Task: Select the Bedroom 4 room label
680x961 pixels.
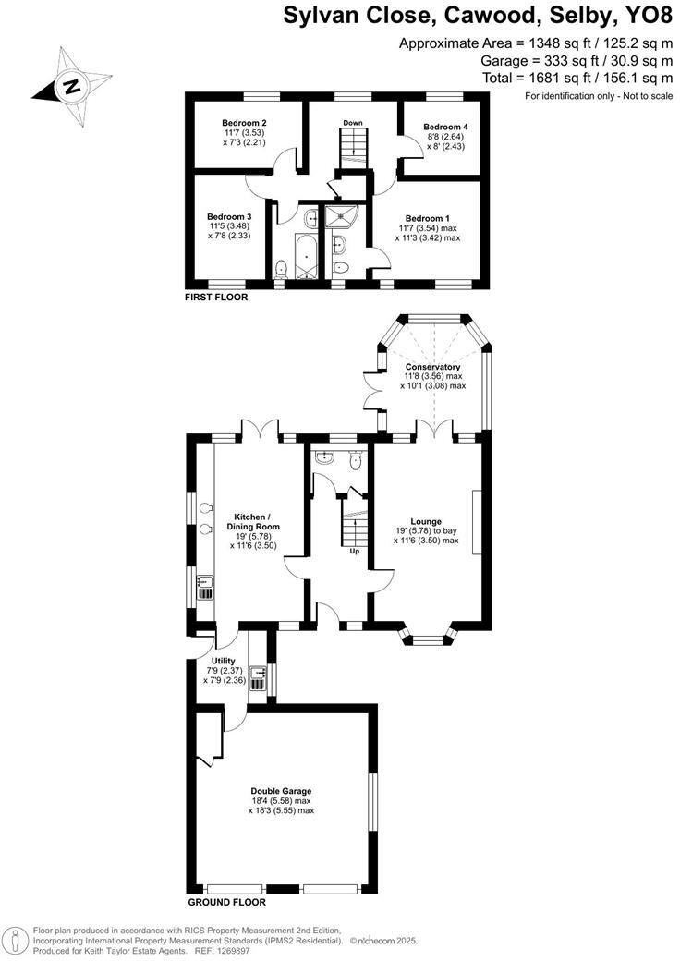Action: [x=445, y=127]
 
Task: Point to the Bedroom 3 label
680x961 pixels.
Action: [x=229, y=217]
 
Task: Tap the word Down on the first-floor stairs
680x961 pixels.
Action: [x=352, y=123]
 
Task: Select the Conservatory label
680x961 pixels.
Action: [x=432, y=367]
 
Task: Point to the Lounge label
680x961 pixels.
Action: [x=426, y=521]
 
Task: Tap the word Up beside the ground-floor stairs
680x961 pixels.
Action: [x=354, y=552]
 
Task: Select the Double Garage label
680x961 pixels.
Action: [x=281, y=791]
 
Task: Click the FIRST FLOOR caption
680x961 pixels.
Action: [x=217, y=298]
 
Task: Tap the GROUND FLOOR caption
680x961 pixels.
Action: [x=226, y=902]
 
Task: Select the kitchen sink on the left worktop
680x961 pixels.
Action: [x=204, y=582]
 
